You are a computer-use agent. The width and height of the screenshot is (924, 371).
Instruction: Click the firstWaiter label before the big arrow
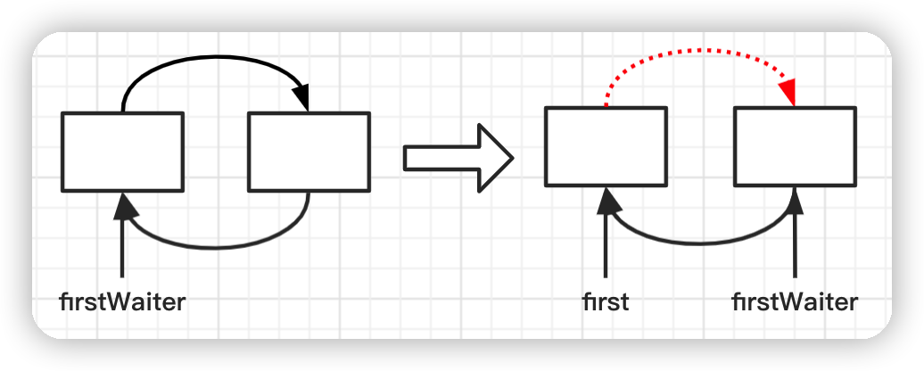click(x=122, y=302)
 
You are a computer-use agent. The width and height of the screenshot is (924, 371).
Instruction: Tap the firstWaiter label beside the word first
click(x=795, y=302)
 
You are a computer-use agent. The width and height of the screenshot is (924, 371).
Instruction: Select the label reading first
click(x=606, y=302)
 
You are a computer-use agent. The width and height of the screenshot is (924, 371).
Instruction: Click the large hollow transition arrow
click(x=458, y=158)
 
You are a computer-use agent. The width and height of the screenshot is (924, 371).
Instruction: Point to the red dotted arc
click(x=700, y=51)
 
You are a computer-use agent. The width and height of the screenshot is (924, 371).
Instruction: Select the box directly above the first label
click(x=606, y=146)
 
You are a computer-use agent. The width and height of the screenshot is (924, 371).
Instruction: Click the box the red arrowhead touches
click(x=795, y=146)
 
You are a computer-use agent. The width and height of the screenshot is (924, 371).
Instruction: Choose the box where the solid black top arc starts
click(x=122, y=152)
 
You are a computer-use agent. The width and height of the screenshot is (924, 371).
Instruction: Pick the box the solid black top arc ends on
click(x=309, y=152)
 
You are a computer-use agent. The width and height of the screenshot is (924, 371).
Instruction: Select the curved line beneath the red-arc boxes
click(x=701, y=242)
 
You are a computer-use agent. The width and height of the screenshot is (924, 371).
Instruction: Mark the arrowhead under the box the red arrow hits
click(x=796, y=201)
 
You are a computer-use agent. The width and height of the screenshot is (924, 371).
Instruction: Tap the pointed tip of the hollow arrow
click(x=514, y=158)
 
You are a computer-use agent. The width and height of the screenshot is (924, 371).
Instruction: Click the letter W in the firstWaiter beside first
click(x=786, y=302)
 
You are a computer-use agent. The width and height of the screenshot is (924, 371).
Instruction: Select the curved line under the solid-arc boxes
click(x=215, y=247)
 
